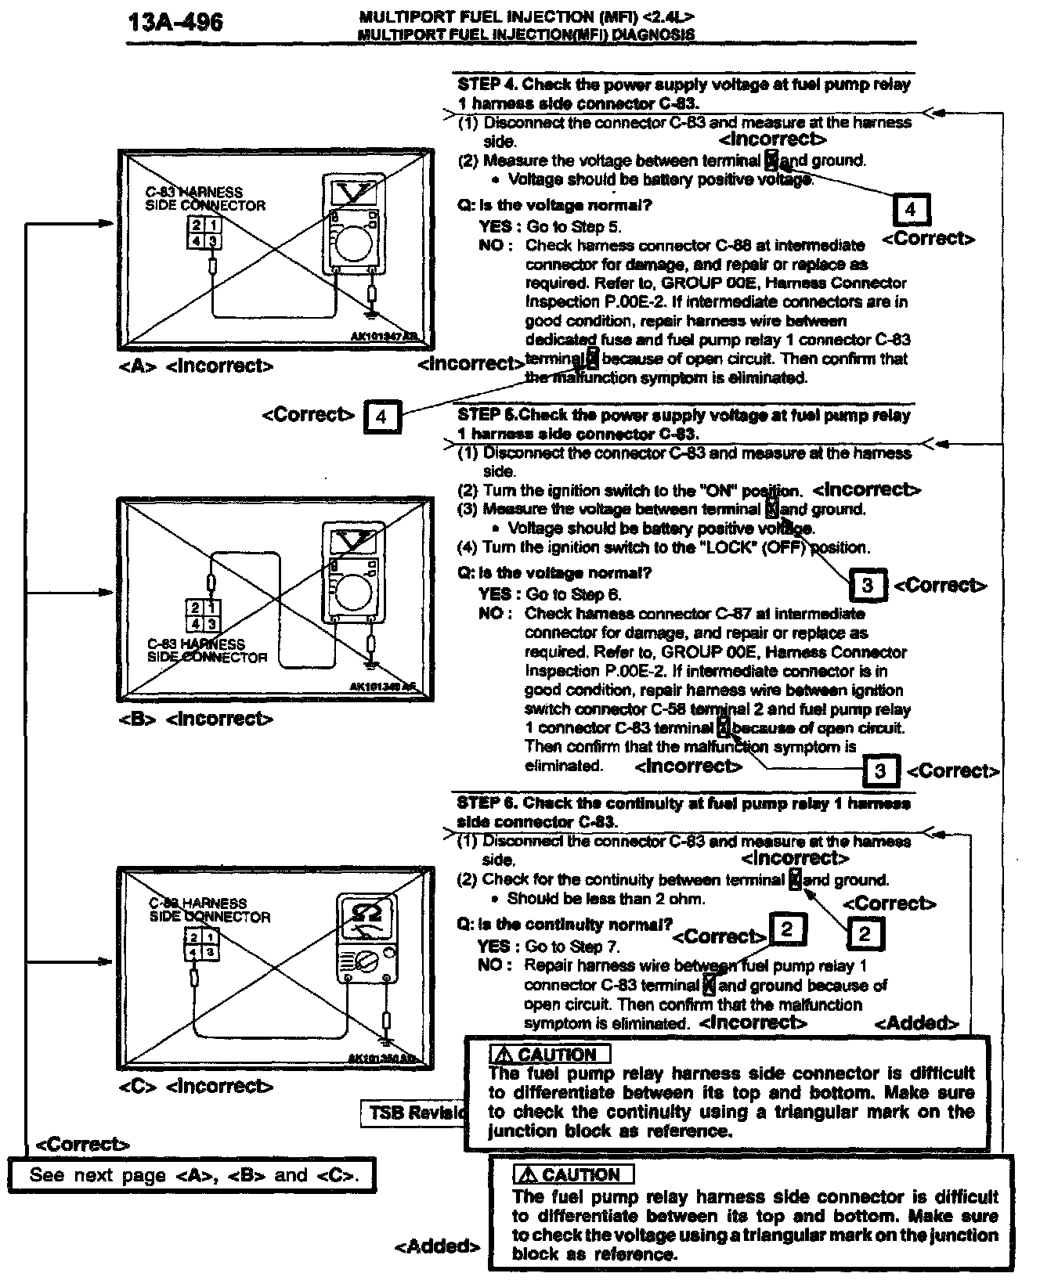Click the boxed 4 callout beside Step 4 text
click(910, 210)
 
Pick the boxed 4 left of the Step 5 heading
click(381, 416)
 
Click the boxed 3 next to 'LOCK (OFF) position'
click(867, 585)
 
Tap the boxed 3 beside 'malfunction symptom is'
click(879, 771)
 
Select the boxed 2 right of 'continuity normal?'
click(787, 929)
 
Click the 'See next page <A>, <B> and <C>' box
click(191, 1175)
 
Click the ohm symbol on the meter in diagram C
click(366, 913)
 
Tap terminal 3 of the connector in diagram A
click(211, 240)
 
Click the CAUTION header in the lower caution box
click(573, 1175)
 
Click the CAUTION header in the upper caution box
click(550, 1055)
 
